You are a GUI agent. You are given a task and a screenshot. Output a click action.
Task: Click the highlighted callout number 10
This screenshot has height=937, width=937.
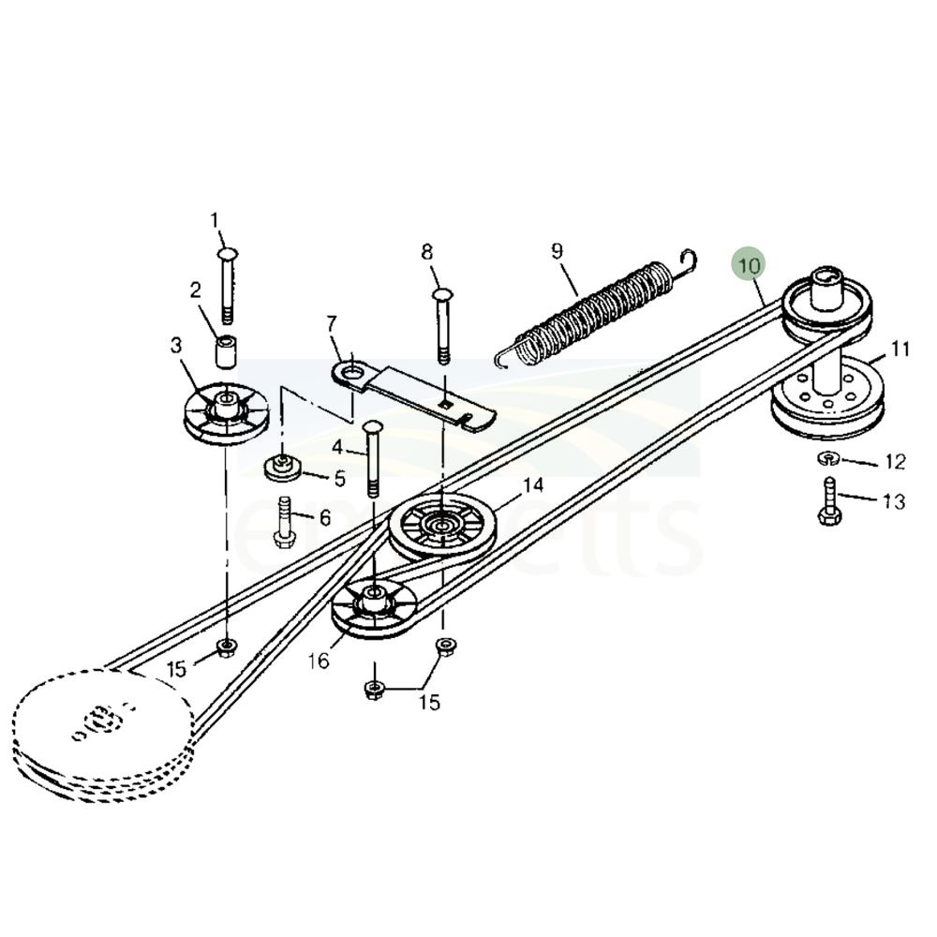(x=749, y=265)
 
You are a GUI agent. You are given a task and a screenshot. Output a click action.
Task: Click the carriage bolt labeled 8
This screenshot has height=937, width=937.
(x=442, y=323)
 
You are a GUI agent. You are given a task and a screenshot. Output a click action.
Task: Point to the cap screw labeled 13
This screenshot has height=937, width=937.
(x=829, y=502)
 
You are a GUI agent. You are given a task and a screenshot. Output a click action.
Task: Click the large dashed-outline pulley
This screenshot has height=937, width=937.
(x=103, y=726)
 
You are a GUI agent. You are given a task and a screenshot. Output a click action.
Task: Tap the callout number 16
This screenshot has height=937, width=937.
(x=319, y=662)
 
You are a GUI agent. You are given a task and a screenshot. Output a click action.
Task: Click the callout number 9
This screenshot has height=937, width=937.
(x=557, y=250)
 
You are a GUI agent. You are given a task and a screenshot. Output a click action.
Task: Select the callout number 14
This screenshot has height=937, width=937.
(x=532, y=485)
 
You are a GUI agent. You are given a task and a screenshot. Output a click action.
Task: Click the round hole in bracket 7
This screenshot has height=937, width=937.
(x=352, y=376)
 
